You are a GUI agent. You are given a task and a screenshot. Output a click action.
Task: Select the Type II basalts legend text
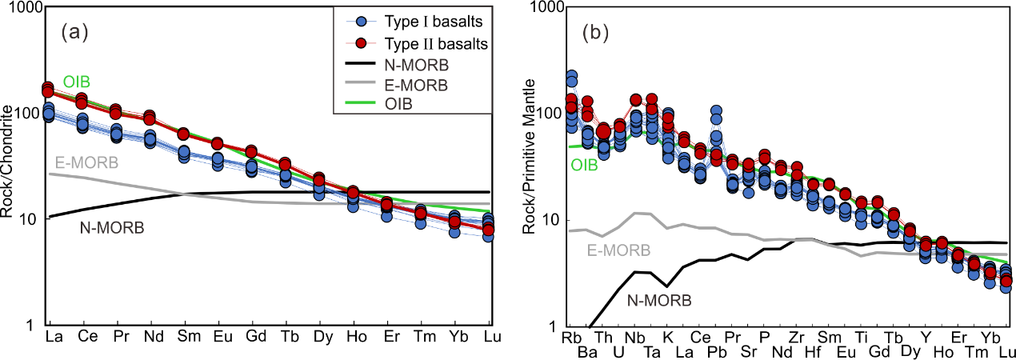click(x=437, y=43)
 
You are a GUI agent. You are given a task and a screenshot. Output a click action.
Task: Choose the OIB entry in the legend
click(x=401, y=105)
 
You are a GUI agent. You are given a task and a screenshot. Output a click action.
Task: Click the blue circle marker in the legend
click(x=361, y=22)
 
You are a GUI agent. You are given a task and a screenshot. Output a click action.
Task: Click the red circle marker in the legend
click(x=361, y=43)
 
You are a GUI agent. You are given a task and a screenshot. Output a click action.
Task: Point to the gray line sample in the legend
click(x=361, y=84)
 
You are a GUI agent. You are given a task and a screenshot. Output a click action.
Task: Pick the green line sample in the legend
click(x=361, y=105)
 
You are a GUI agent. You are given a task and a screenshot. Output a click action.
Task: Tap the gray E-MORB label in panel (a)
click(x=86, y=163)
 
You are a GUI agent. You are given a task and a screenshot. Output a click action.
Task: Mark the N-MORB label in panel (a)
click(x=111, y=228)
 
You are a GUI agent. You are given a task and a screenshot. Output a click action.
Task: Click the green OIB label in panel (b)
click(x=584, y=166)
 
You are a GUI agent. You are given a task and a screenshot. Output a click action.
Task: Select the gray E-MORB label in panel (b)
click(x=618, y=250)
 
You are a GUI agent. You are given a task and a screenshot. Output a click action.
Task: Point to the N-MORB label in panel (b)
click(x=658, y=301)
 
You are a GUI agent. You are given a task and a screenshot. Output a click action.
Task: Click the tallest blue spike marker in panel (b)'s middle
click(x=716, y=111)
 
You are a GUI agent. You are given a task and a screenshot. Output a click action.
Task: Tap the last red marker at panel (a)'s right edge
click(x=488, y=230)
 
